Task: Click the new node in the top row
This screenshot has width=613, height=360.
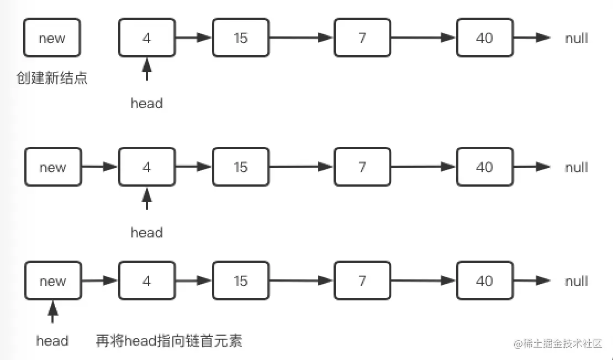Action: click(52, 38)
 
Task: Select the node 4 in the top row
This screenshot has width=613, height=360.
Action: click(146, 38)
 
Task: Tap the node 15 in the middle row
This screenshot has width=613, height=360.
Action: click(240, 167)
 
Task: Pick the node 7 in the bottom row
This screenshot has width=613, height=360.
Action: click(362, 280)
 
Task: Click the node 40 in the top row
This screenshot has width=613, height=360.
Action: click(484, 38)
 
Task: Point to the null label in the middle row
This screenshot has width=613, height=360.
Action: click(576, 167)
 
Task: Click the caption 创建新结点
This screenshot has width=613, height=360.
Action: click(52, 78)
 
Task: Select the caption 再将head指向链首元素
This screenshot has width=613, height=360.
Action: click(169, 341)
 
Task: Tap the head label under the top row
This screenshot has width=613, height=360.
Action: click(146, 103)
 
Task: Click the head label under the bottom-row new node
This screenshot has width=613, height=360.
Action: click(52, 341)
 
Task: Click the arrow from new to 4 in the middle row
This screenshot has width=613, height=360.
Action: click(99, 167)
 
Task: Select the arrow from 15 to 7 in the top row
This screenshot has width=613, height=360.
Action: click(301, 38)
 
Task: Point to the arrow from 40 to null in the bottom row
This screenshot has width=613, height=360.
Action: click(531, 280)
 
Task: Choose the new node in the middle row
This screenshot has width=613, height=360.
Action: click(52, 167)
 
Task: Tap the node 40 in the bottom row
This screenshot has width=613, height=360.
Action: click(484, 280)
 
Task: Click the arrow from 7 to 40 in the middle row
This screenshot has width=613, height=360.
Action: click(423, 167)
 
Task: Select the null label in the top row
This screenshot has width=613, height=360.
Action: click(576, 38)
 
